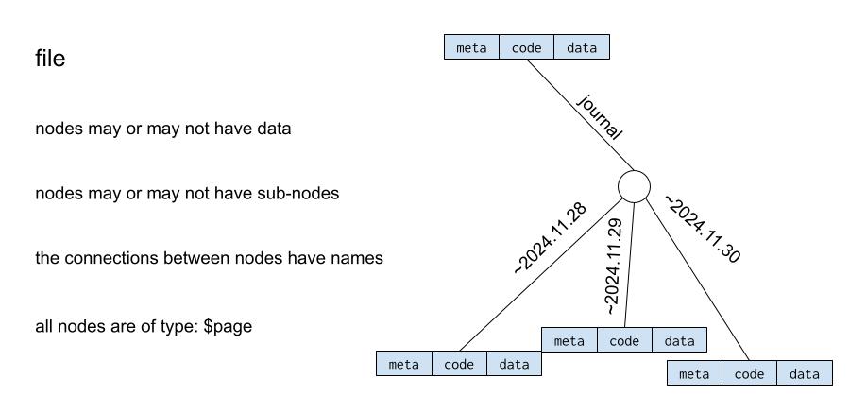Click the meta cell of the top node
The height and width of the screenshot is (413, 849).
pos(471,47)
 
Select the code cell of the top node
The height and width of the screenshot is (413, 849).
pos(527,47)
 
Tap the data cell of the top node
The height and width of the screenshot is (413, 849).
pos(582,47)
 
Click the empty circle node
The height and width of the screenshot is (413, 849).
pos(634,186)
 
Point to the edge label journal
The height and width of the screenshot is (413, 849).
pos(600,117)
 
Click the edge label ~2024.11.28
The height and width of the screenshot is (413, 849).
pos(552,237)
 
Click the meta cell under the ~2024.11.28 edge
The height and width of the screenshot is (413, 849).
pos(404,364)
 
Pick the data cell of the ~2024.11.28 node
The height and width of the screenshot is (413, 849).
pos(515,364)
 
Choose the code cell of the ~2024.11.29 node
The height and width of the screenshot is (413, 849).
pos(624,340)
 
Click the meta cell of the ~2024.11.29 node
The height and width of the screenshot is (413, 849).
pos(569,340)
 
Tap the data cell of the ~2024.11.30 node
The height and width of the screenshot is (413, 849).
pos(805,373)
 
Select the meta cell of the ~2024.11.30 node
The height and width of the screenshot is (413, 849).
pos(694,373)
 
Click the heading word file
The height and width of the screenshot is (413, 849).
pos(50,60)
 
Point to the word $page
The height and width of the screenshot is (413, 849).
pos(228,325)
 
